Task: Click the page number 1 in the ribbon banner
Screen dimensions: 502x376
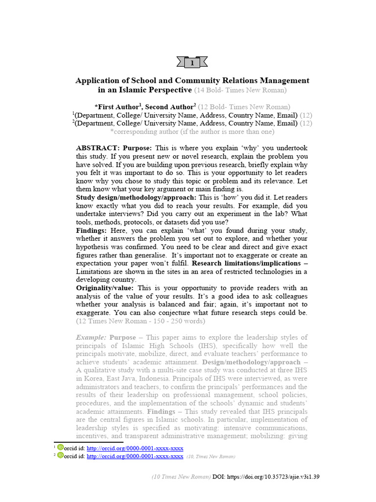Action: point(192,63)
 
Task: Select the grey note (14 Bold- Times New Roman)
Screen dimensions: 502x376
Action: point(240,90)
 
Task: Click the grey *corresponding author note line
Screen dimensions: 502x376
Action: point(192,132)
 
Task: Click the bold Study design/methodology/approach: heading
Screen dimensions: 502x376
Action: point(136,197)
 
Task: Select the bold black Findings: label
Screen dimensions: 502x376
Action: point(91,230)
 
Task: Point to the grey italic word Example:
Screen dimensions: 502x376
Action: point(91,338)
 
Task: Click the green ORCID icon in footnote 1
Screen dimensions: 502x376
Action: point(61,447)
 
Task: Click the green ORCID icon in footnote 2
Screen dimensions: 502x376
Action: point(61,455)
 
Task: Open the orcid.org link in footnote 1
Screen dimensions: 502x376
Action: point(135,448)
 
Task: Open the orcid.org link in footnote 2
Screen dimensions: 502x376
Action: point(135,456)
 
